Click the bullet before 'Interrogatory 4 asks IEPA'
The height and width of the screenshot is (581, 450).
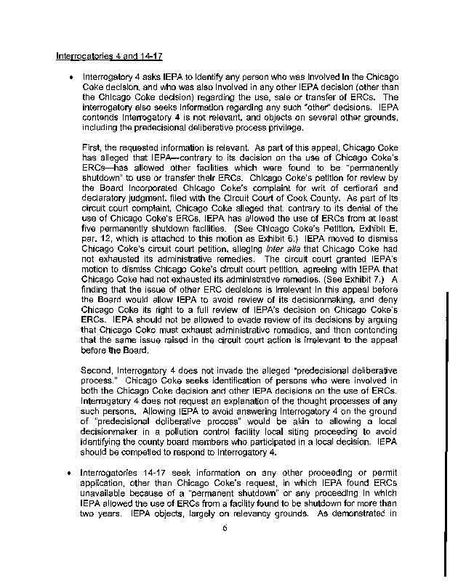click(70, 76)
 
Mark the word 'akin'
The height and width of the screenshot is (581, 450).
click(280, 421)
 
